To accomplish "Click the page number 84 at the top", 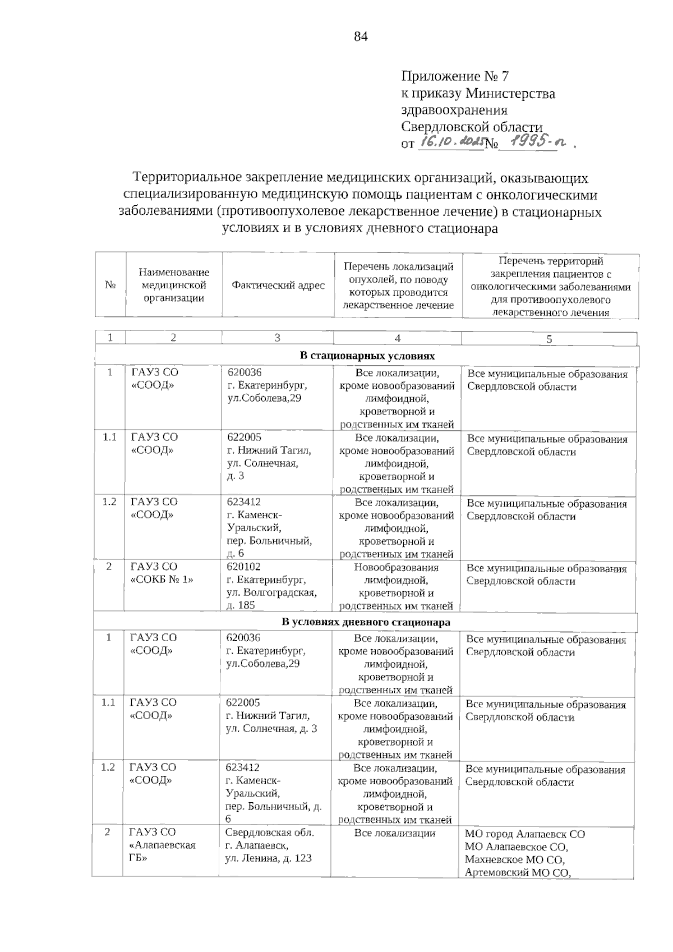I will (x=361, y=37).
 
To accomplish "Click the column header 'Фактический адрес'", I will (x=278, y=286).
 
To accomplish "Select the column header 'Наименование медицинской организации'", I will (x=174, y=285).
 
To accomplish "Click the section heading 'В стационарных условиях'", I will (x=367, y=356).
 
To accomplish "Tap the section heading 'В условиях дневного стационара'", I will (x=366, y=622).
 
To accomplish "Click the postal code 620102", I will (x=243, y=567).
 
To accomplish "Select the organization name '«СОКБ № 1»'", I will (x=162, y=580).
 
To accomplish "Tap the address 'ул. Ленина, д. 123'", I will (x=268, y=858).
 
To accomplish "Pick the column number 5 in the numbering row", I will (x=549, y=339).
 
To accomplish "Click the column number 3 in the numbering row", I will (x=277, y=338).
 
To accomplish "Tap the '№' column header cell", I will (x=110, y=285).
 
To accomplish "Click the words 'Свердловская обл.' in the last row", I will (x=269, y=833).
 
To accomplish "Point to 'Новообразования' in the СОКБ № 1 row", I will (x=396, y=567).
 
